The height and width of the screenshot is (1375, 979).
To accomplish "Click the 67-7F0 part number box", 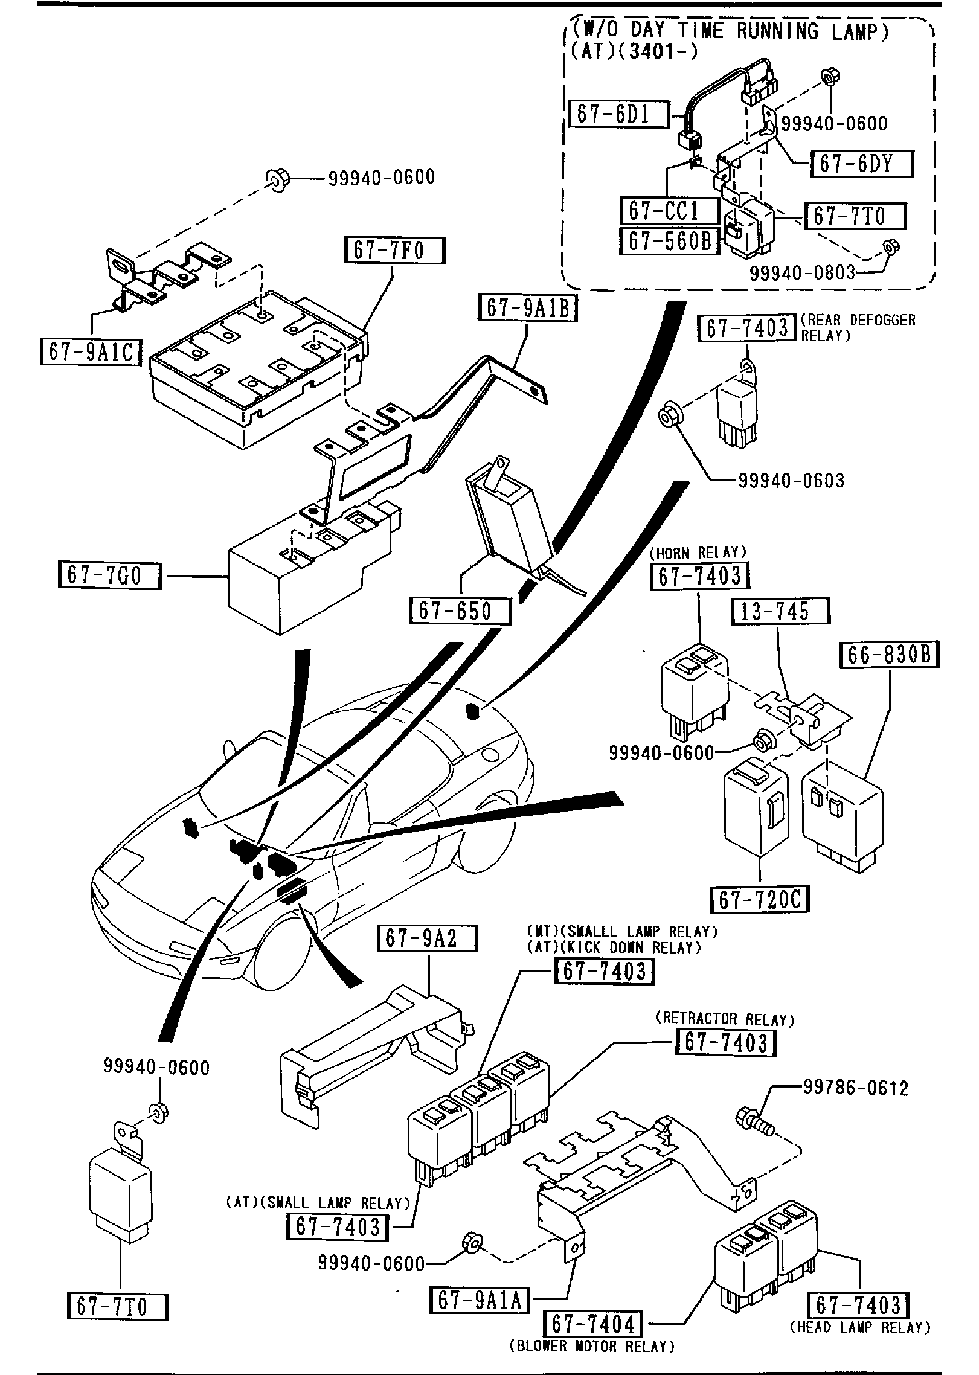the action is pyautogui.click(x=394, y=251).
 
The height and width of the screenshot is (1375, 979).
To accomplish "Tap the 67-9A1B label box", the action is pyautogui.click(x=527, y=309).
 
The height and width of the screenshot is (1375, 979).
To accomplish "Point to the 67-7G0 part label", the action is pyautogui.click(x=109, y=575).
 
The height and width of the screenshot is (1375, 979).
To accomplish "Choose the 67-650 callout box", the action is pyautogui.click(x=460, y=611).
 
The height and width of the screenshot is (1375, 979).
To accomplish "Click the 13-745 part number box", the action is pyautogui.click(x=781, y=611).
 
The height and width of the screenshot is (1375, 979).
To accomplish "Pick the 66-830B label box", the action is pyautogui.click(x=890, y=655).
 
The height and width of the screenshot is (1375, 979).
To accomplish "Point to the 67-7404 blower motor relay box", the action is pyautogui.click(x=594, y=1325).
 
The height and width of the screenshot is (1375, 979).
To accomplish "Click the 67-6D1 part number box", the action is pyautogui.click(x=619, y=114).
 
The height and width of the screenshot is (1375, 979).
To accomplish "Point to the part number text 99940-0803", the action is pyautogui.click(x=803, y=274).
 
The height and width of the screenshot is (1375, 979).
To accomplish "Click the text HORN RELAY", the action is pyautogui.click(x=698, y=553).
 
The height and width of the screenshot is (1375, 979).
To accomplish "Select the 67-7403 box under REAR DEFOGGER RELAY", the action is pyautogui.click(x=747, y=328).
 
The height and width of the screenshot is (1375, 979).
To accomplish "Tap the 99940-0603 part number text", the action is pyautogui.click(x=791, y=481).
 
